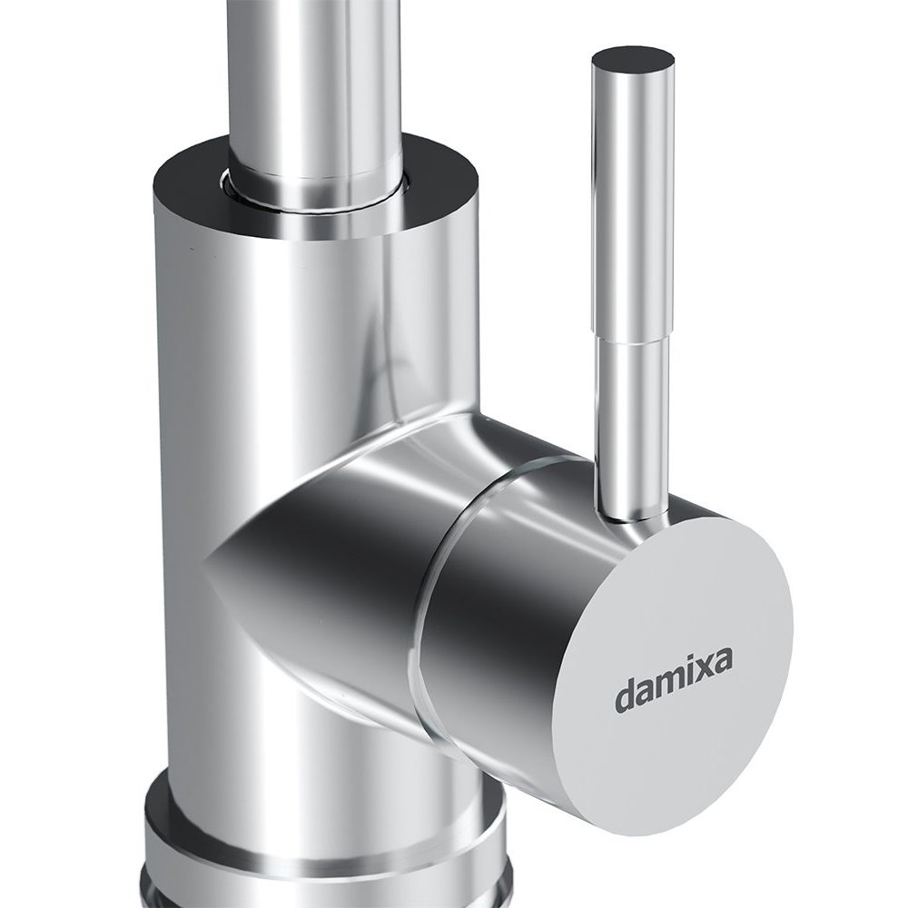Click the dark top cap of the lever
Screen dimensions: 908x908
click(633, 62)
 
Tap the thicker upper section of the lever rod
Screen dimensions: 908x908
click(634, 202)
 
